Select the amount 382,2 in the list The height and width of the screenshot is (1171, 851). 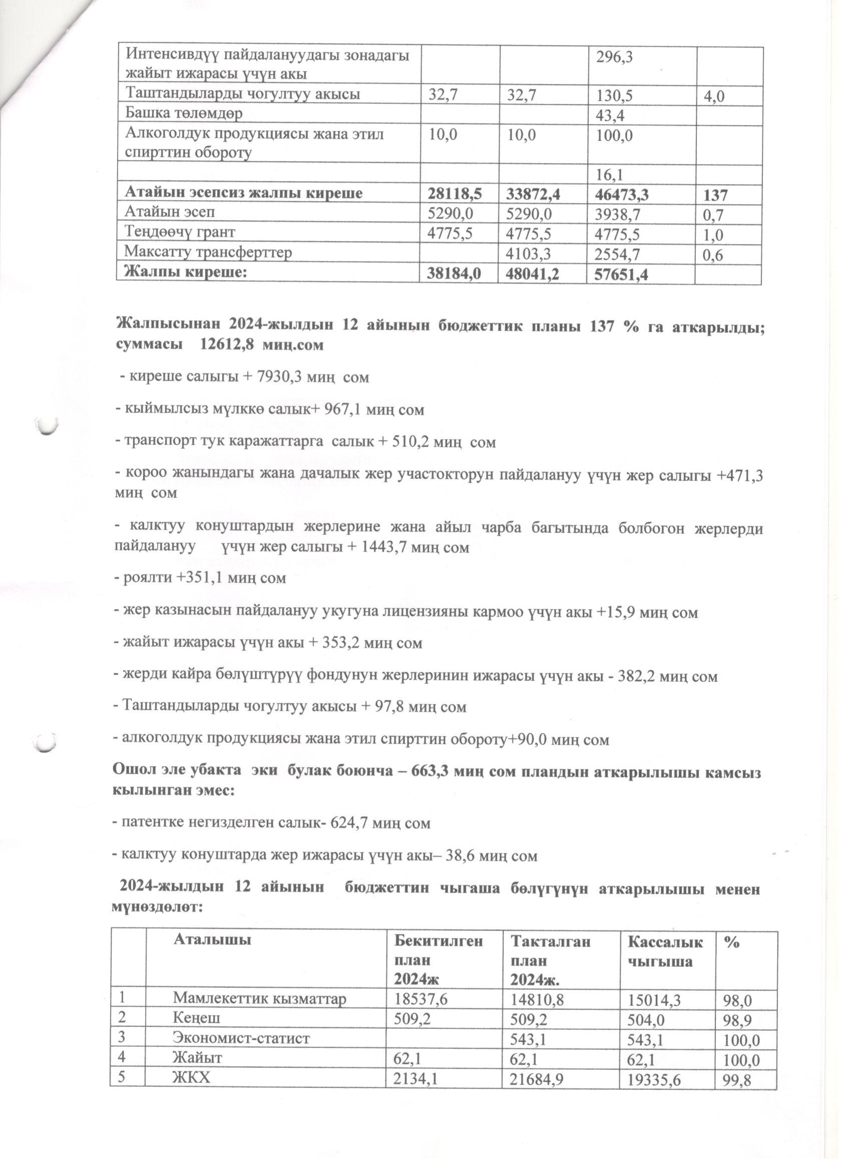click(648, 676)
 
